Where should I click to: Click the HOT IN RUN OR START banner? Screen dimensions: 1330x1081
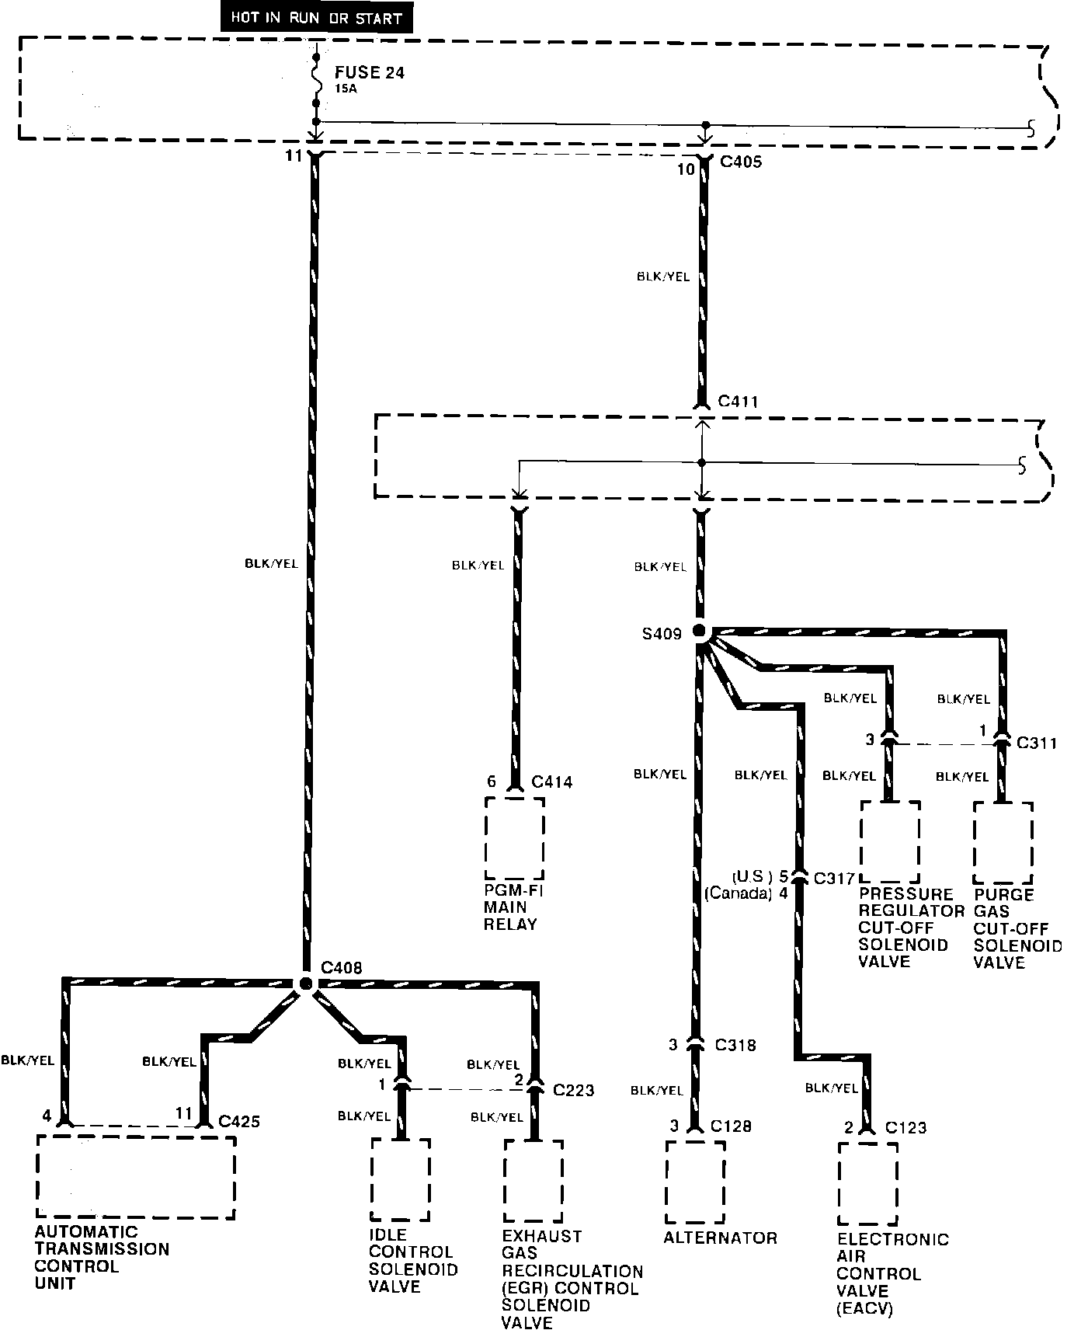[x=316, y=19]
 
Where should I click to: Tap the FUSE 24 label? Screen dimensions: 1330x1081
[x=370, y=73]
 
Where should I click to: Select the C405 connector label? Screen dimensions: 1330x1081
[x=741, y=163]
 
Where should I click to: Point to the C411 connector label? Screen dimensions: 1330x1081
[x=738, y=402]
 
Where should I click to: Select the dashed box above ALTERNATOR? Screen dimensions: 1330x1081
[x=695, y=1182]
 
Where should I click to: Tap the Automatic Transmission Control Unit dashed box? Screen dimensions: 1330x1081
[x=135, y=1178]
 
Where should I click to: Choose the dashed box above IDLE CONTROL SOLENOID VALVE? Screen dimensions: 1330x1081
[x=400, y=1179]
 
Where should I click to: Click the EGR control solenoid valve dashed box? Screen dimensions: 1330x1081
[x=533, y=1181]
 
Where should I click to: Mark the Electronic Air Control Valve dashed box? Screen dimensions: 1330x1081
[x=867, y=1183]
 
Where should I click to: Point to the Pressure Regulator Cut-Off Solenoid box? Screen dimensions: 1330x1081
[x=890, y=841]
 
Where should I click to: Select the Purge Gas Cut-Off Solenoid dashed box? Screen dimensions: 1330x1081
[x=1003, y=842]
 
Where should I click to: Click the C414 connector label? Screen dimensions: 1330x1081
[x=551, y=782]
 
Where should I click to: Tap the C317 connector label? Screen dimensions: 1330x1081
[x=833, y=879]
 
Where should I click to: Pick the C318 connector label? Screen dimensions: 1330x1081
[x=734, y=1045]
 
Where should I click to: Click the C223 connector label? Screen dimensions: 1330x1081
[x=573, y=1090]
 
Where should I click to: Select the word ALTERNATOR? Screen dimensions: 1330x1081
[x=720, y=1238]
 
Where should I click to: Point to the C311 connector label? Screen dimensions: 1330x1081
[x=1037, y=743]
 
